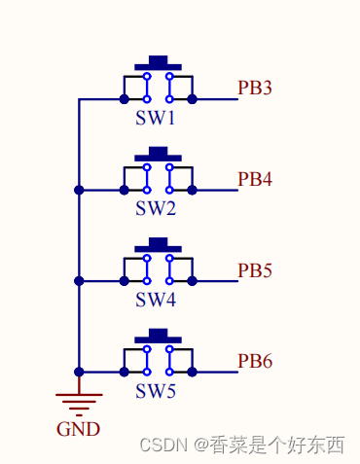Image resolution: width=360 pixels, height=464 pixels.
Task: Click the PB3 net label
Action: (x=255, y=89)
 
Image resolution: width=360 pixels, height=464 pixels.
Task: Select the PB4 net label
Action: (x=255, y=179)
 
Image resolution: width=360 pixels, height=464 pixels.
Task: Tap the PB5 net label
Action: (x=255, y=270)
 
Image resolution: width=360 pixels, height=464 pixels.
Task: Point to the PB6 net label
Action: (x=255, y=361)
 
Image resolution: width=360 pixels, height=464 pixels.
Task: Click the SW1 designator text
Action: (x=156, y=119)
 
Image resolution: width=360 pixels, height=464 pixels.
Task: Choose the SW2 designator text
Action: (x=156, y=209)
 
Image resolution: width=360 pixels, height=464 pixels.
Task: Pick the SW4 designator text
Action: (x=156, y=301)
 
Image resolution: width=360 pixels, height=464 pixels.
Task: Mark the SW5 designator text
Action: (x=156, y=391)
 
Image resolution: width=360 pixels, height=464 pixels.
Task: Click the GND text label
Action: (x=78, y=428)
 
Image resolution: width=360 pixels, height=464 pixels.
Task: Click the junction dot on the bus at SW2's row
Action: (x=79, y=190)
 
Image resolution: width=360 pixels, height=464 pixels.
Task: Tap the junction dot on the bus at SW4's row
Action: (x=79, y=281)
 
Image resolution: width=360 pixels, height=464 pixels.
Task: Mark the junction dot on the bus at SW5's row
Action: (x=79, y=372)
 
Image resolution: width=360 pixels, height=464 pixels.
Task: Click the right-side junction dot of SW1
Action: (x=192, y=99)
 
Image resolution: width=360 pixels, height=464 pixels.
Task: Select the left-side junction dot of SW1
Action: (x=124, y=99)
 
